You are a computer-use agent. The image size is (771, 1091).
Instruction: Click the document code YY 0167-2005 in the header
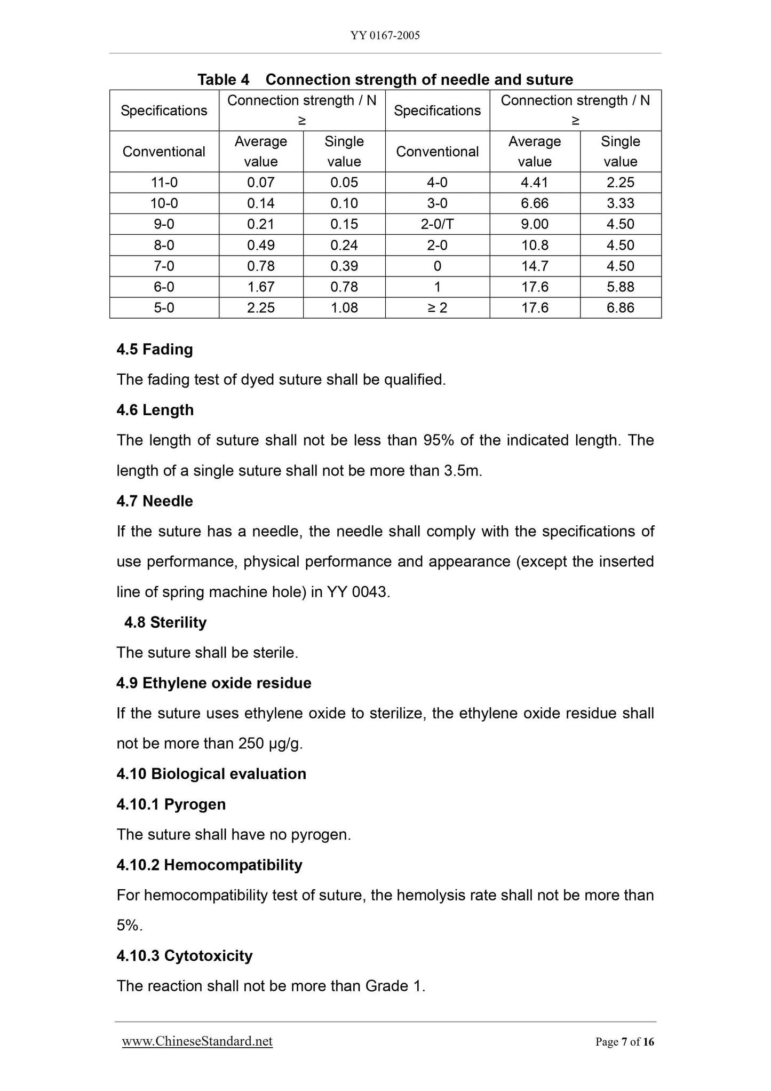pyautogui.click(x=385, y=36)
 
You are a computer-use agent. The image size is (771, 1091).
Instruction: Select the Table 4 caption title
pyautogui.click(x=385, y=80)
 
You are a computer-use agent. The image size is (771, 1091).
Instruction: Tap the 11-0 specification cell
pyautogui.click(x=164, y=183)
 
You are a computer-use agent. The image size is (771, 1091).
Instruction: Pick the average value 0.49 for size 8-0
pyautogui.click(x=260, y=245)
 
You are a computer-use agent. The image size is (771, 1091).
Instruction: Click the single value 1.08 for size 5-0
pyautogui.click(x=344, y=308)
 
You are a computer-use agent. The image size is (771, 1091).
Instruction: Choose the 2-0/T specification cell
pyautogui.click(x=437, y=224)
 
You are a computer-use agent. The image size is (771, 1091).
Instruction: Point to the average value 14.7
pyautogui.click(x=535, y=266)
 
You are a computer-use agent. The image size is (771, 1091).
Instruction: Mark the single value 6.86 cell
pyautogui.click(x=620, y=308)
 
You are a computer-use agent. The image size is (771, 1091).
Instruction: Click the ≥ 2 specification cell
pyautogui.click(x=437, y=308)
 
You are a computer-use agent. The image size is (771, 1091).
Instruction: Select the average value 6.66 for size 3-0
pyautogui.click(x=535, y=203)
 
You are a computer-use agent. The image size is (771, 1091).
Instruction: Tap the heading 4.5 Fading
pyautogui.click(x=155, y=350)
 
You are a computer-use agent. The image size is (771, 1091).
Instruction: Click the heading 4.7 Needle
pyautogui.click(x=155, y=501)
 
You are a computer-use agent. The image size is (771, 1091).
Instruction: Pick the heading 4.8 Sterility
pyautogui.click(x=165, y=622)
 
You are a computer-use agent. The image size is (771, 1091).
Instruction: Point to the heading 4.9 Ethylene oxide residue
pyautogui.click(x=214, y=683)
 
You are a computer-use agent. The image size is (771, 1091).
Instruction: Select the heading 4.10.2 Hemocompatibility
pyautogui.click(x=209, y=865)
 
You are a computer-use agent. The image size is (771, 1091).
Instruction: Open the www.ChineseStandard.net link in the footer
pyautogui.click(x=197, y=1041)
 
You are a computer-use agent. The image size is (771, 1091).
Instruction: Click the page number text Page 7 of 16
pyautogui.click(x=624, y=1042)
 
